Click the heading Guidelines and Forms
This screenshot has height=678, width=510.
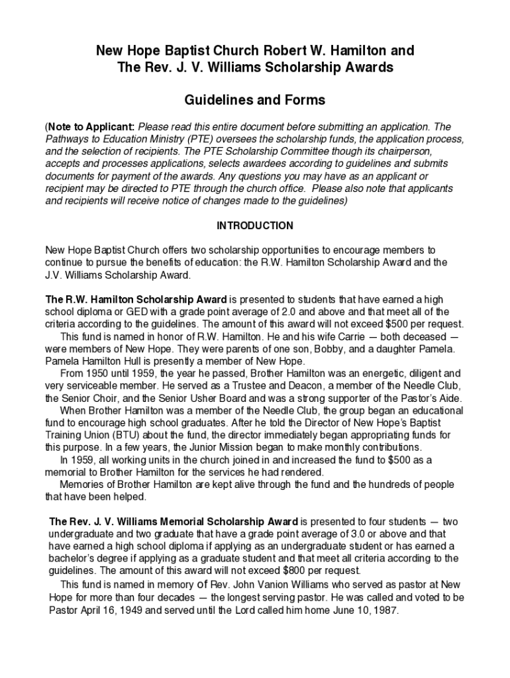click(x=254, y=100)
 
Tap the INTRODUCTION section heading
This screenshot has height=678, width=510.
click(x=255, y=226)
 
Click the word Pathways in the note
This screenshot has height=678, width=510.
click(x=66, y=139)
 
